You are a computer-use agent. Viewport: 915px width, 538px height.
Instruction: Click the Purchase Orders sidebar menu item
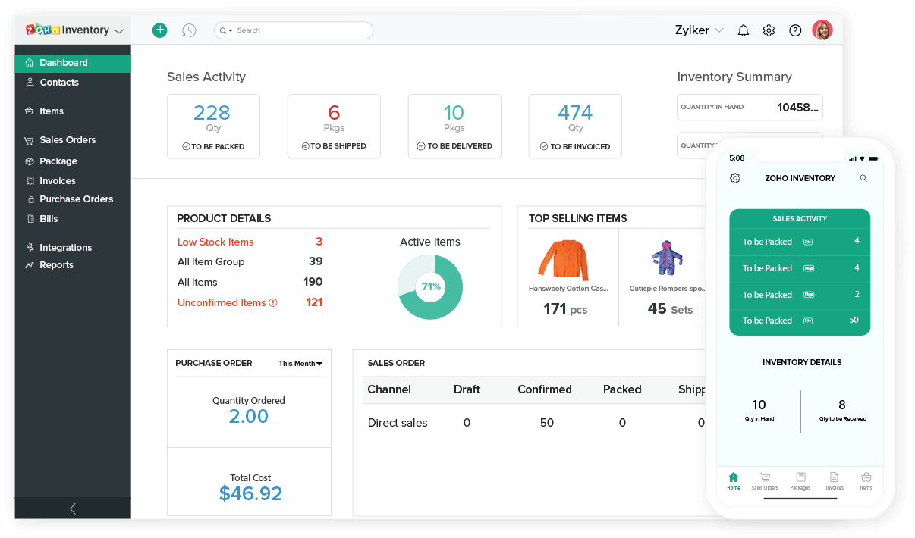[x=76, y=199]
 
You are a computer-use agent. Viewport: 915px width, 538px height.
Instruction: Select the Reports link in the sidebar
[x=56, y=265]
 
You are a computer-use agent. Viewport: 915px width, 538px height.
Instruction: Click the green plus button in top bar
[x=159, y=30]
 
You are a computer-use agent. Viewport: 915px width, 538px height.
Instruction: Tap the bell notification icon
[x=744, y=30]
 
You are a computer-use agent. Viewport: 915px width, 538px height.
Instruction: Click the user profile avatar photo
[x=822, y=30]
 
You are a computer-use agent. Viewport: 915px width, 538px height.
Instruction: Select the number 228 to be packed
[x=212, y=113]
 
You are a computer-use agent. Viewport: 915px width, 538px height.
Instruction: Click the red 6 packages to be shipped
[x=334, y=113]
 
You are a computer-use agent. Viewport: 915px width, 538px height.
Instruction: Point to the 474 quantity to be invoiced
[x=575, y=113]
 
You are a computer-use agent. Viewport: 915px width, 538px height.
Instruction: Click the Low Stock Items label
[x=215, y=242]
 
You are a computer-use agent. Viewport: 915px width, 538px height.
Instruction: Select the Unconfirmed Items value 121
[x=314, y=302]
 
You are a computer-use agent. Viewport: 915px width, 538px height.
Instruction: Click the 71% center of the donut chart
[x=430, y=287]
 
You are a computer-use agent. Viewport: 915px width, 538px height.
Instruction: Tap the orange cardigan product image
[x=562, y=260]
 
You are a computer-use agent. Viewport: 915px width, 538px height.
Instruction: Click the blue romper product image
[x=667, y=258]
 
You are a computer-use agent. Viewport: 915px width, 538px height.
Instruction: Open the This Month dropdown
[x=300, y=364]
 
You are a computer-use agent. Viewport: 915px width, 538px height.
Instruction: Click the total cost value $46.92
[x=250, y=494]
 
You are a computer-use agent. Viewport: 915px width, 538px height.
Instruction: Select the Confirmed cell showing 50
[x=546, y=423]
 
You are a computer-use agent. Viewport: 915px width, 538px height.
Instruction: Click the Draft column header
[x=467, y=389]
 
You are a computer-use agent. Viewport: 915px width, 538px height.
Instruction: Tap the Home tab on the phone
[x=733, y=480]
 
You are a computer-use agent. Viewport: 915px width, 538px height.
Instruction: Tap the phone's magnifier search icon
[x=863, y=179]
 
